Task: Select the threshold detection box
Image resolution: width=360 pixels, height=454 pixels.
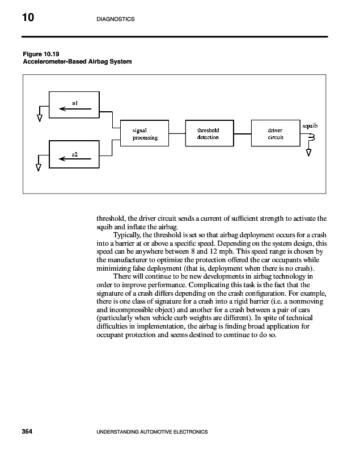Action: (209, 134)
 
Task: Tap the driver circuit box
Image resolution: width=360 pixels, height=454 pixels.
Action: (275, 134)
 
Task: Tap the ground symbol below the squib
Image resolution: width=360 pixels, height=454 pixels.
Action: (309, 152)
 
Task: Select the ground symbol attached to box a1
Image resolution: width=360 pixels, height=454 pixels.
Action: (39, 119)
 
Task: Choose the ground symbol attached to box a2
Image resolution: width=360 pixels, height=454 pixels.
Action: (39, 167)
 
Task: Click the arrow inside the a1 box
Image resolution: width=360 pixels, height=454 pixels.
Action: (71, 110)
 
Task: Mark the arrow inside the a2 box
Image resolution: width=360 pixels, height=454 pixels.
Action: (71, 159)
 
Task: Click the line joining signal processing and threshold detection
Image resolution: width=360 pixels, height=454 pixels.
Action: (177, 134)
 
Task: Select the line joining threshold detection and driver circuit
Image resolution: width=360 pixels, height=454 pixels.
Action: (242, 134)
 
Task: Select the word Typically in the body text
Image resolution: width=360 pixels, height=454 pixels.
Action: (128, 234)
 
